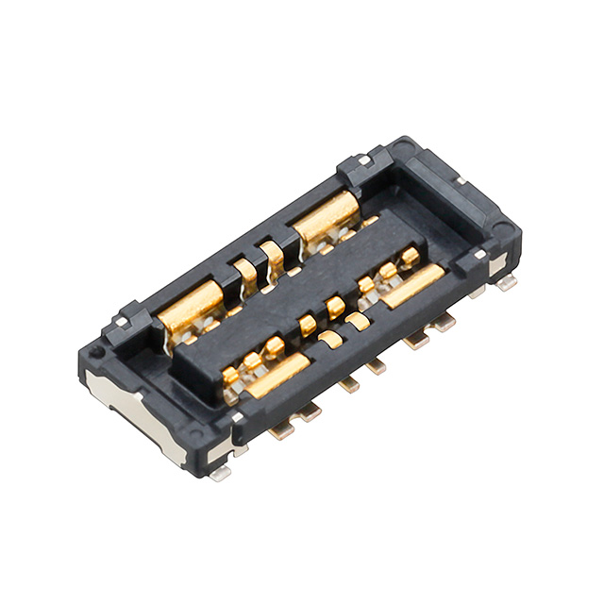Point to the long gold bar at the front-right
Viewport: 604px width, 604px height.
pos(413,285)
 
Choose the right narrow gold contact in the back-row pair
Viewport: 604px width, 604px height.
pos(273,256)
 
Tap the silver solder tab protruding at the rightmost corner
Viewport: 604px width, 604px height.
pos(507,281)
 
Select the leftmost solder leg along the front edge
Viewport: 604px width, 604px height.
pos(280,430)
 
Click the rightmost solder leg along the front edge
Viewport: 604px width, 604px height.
pos(443,323)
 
